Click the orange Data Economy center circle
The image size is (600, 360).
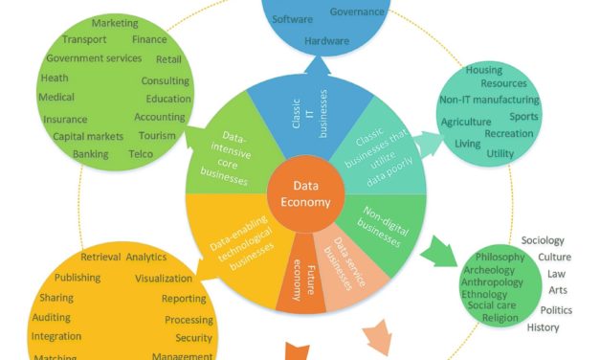304,194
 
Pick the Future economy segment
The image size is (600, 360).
300,281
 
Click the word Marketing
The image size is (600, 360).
115,23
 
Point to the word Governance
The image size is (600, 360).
357,11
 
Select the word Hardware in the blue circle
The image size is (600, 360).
326,41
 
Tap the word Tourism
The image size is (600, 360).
157,136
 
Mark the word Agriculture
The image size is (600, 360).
466,123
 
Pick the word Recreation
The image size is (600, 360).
509,134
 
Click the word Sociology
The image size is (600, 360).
543,240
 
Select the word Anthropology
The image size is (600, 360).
492,282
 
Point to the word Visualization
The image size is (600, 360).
164,279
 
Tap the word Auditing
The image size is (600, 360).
51,317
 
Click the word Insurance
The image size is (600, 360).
65,120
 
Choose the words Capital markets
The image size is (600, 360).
85,136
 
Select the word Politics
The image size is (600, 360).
556,310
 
